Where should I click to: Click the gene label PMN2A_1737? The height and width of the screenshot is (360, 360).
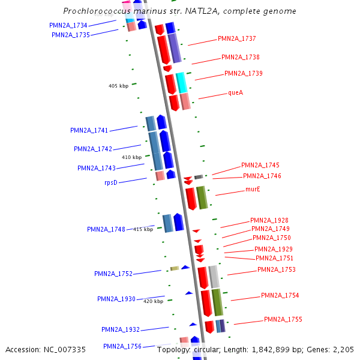[x=236, y=38]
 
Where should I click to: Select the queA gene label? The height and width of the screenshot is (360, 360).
[x=235, y=92]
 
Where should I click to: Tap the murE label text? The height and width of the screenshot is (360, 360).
[x=253, y=189]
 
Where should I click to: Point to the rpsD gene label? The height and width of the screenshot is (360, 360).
[x=110, y=182]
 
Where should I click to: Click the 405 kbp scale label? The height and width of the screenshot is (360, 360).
[x=118, y=86]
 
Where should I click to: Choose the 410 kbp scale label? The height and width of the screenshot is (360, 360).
[x=131, y=157]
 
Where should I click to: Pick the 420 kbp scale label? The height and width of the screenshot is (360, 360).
[x=153, y=301]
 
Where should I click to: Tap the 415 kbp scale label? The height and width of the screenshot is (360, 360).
[x=143, y=229]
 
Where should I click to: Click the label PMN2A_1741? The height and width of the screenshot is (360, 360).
[x=89, y=130]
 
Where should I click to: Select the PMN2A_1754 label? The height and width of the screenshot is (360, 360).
[x=280, y=295]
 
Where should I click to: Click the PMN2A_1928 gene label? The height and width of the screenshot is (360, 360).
[x=269, y=220]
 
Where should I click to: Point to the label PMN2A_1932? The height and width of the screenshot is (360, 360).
[x=120, y=329]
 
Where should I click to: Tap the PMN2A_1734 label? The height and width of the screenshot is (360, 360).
[x=68, y=25]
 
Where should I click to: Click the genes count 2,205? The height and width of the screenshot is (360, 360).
[x=344, y=349]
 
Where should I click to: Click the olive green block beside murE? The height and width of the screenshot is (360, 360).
[x=202, y=197]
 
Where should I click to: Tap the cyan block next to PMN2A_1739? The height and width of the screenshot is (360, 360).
[x=181, y=83]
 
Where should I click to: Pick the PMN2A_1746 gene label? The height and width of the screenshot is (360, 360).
[x=262, y=176]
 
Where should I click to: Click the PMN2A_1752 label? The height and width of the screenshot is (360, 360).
[x=113, y=274]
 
